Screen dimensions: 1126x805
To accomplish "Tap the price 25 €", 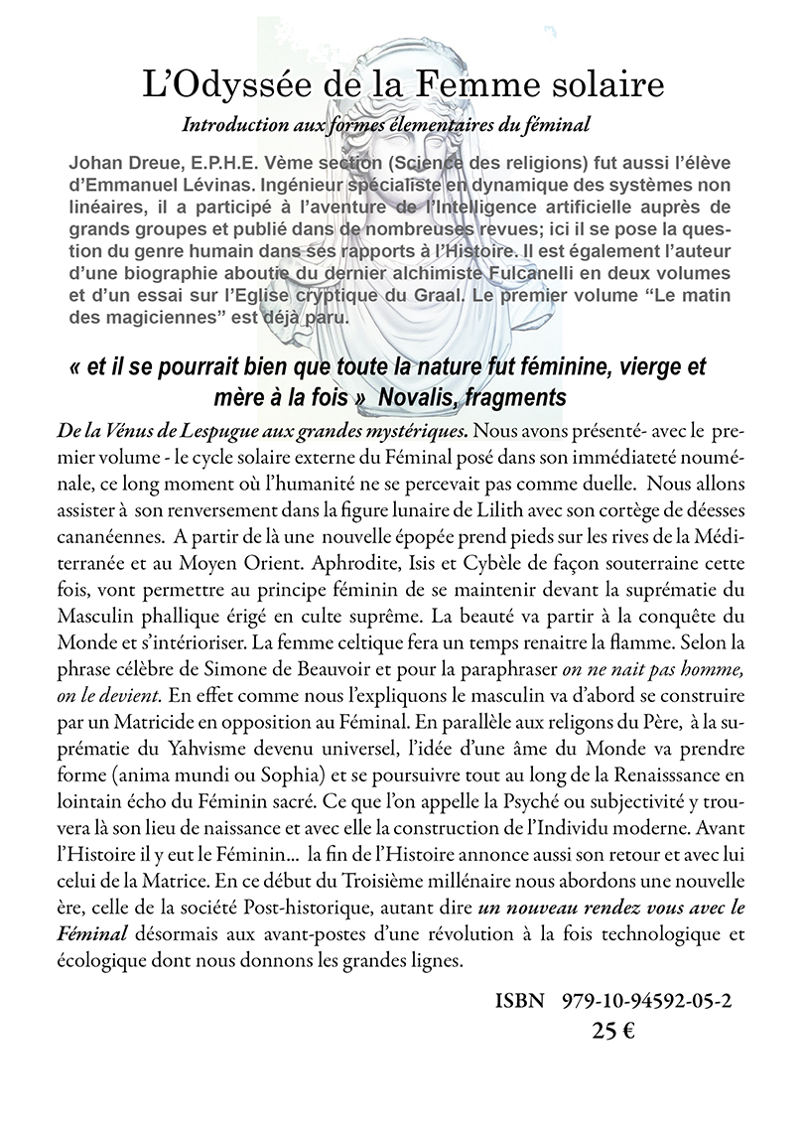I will pos(613,1031).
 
